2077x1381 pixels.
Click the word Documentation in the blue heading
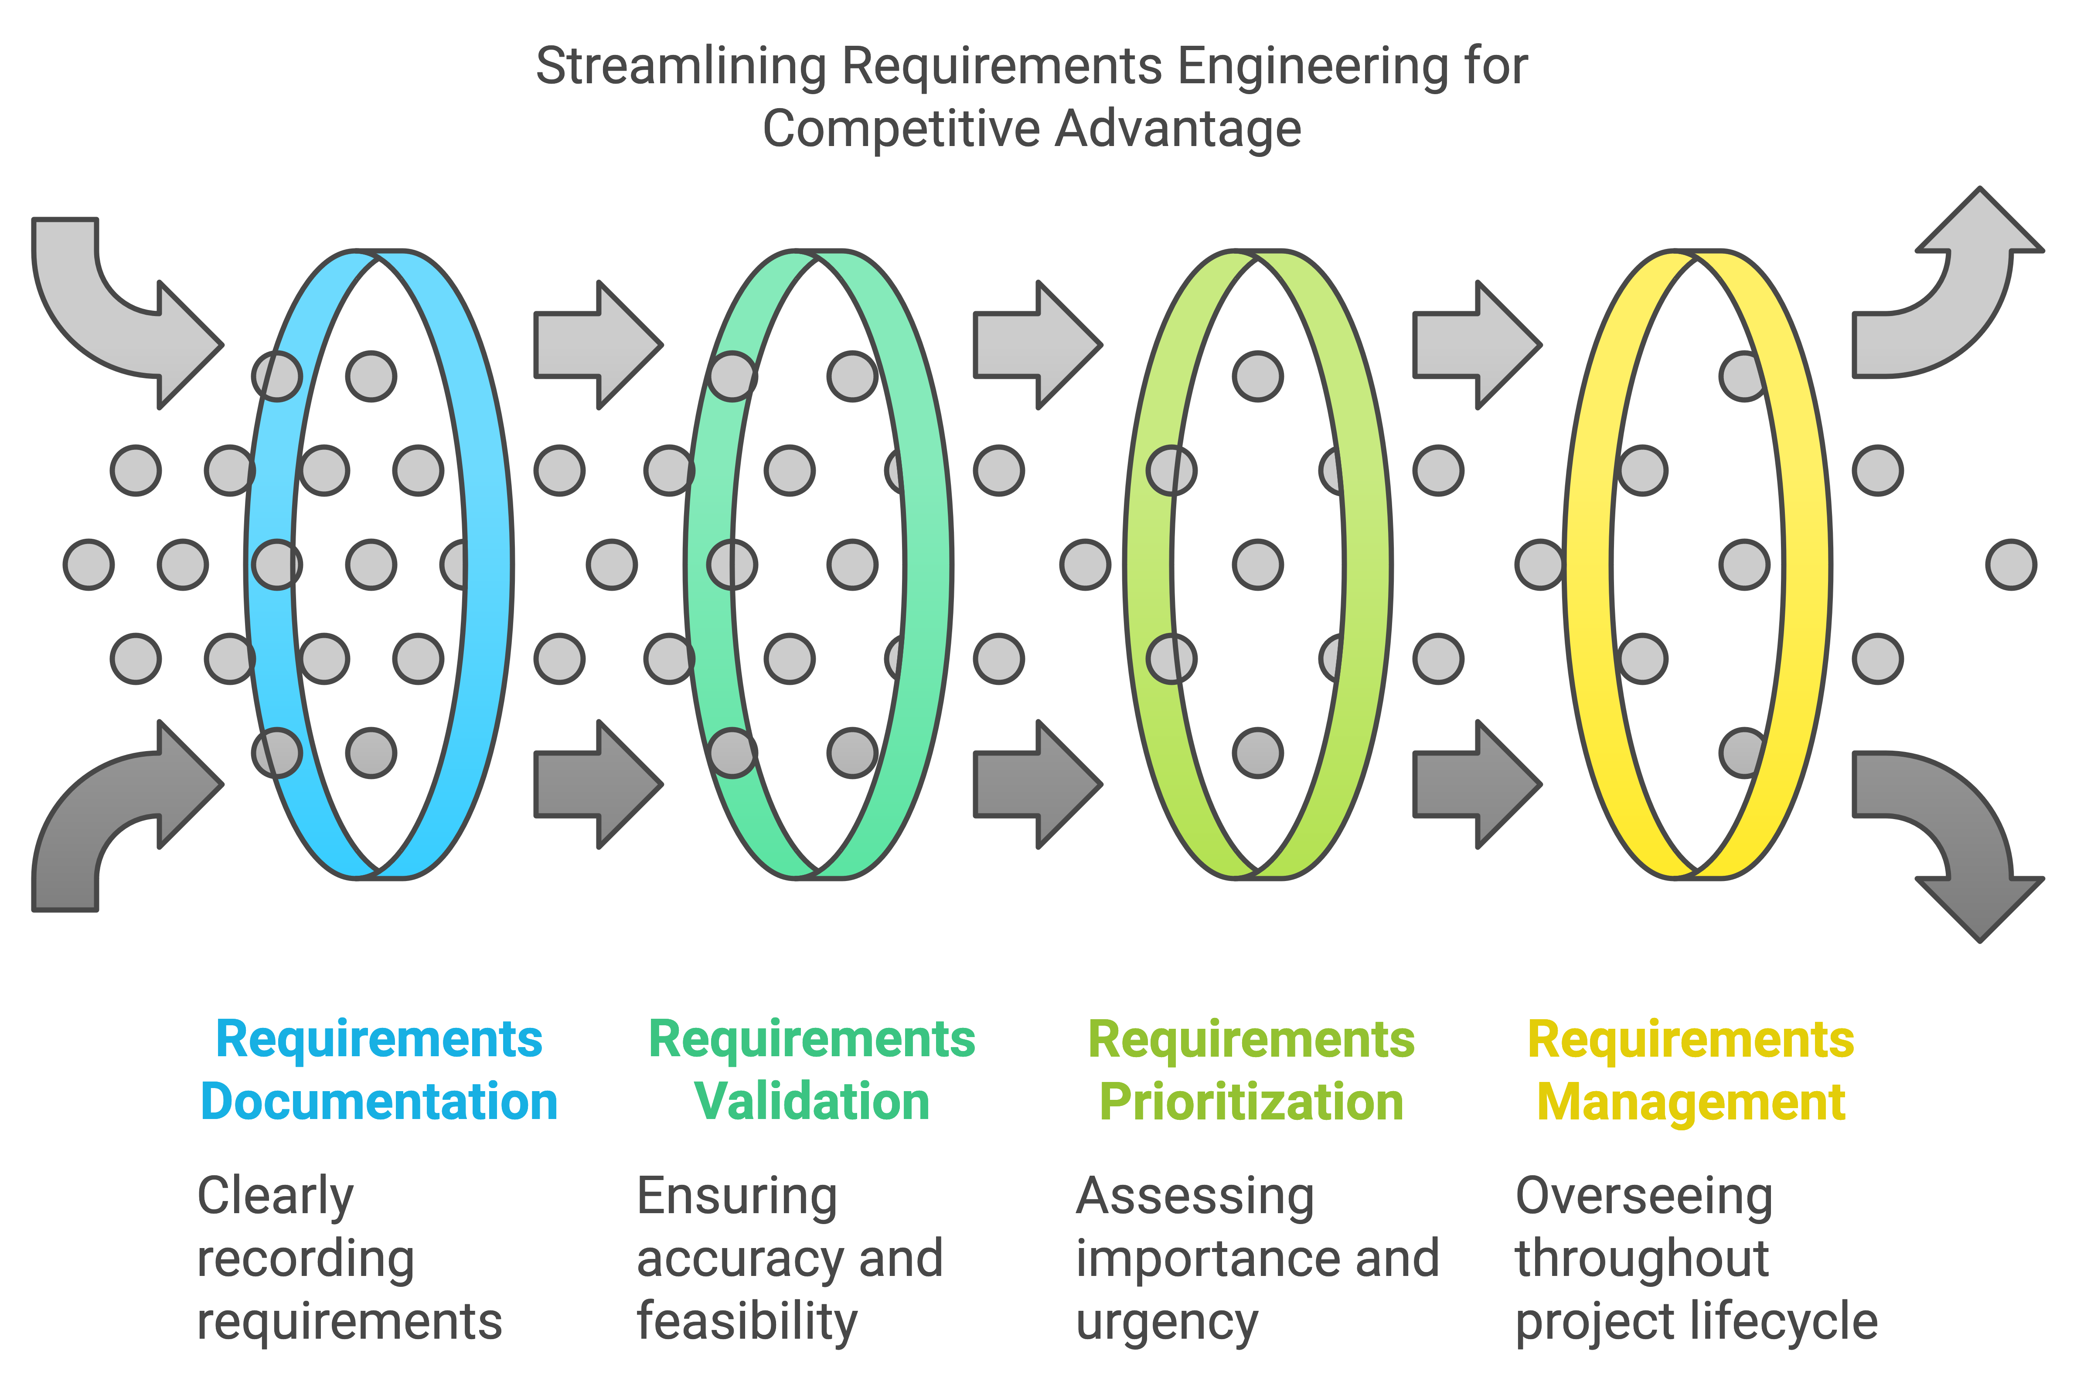coord(379,1102)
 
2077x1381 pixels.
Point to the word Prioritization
coord(1251,1102)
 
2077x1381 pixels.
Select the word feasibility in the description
coord(746,1321)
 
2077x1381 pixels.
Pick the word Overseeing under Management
coord(1643,1196)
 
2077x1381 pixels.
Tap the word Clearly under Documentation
coord(275,1196)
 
